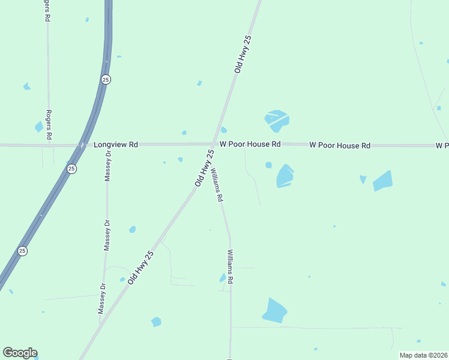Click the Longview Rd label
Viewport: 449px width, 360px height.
point(116,145)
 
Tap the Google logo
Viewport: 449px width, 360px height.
point(20,353)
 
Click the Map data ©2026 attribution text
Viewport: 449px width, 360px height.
point(423,355)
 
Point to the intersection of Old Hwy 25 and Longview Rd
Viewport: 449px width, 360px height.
point(214,144)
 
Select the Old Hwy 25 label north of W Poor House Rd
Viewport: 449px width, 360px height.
point(243,54)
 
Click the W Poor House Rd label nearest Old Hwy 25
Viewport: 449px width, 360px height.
point(250,145)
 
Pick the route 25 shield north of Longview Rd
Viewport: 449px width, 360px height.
point(106,79)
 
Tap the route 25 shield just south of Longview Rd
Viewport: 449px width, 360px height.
point(71,169)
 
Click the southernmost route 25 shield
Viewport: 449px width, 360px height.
point(22,251)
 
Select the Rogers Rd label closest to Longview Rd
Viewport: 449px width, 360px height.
point(50,124)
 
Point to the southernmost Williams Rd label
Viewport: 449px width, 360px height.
point(230,266)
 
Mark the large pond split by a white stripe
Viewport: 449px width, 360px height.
point(277,120)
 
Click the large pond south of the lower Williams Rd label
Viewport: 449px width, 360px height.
point(274,310)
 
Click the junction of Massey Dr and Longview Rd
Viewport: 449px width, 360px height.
point(109,145)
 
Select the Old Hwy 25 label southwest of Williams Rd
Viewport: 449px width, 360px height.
point(140,267)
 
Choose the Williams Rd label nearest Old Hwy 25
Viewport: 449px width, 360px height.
point(217,184)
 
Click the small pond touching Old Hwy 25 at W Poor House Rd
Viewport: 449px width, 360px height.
point(223,130)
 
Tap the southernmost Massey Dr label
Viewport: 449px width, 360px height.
point(102,298)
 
